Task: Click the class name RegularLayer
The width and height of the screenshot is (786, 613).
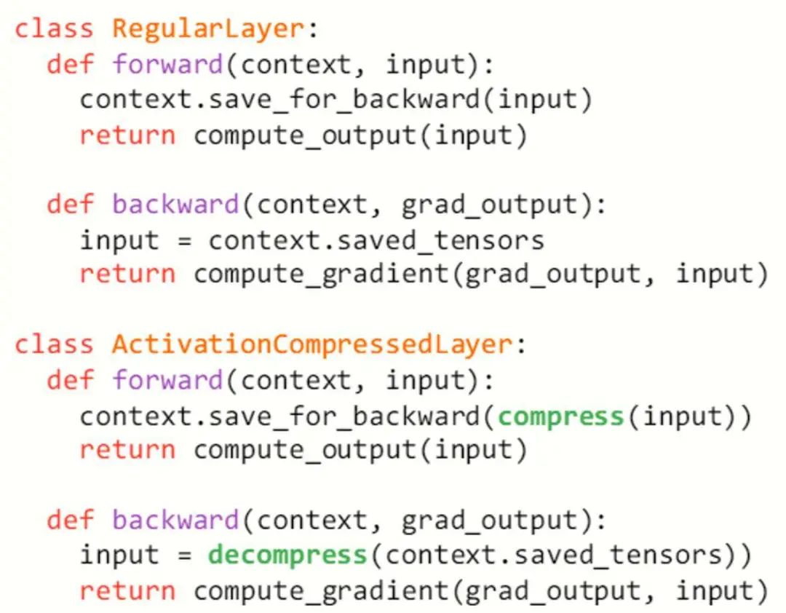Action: coord(207,29)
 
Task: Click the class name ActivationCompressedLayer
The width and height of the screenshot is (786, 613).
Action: coord(311,344)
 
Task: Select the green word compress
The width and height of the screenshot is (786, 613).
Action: coord(561,416)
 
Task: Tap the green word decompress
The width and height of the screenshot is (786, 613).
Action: coord(287,555)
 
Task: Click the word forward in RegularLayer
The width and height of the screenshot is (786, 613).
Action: coord(167,65)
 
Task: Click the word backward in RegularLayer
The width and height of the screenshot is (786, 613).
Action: coord(175,205)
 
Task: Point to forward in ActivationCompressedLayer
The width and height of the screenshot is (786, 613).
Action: coord(167,380)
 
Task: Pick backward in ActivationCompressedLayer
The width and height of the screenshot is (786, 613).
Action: coord(175,520)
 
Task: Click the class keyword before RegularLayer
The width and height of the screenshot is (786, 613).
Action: coord(55,29)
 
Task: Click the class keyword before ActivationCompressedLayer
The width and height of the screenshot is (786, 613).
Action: coord(55,344)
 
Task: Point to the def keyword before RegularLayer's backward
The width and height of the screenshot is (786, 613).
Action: coord(71,205)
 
